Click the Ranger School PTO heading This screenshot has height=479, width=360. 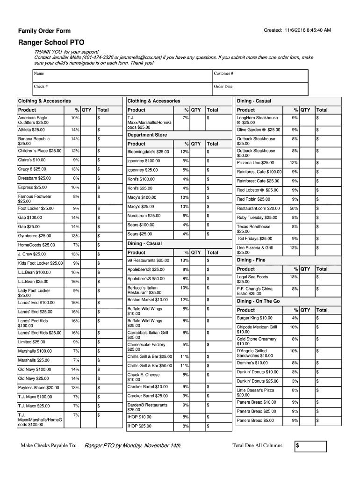(x=51, y=43)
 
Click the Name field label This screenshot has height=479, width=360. (x=39, y=73)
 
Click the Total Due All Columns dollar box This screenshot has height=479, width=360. (x=310, y=446)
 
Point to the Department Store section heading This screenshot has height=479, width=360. (x=147, y=135)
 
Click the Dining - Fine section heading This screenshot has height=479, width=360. (x=251, y=260)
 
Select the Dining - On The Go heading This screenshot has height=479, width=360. (x=259, y=301)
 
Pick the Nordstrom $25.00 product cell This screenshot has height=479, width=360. (x=144, y=216)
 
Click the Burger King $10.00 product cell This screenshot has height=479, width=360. (x=255, y=318)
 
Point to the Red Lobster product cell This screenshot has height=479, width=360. (x=258, y=190)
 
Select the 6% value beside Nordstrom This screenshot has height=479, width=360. (x=186, y=216)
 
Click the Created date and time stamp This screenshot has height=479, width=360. (x=297, y=30)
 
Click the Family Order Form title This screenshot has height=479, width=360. (x=44, y=31)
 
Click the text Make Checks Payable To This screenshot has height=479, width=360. (x=49, y=445)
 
